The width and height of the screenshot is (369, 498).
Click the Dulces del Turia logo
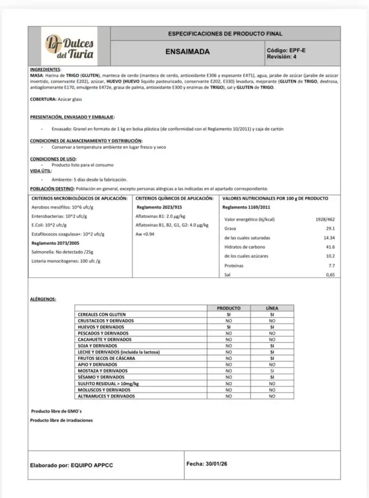pos(69,47)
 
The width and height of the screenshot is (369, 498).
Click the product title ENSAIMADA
pos(188,52)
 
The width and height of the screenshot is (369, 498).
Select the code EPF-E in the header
pos(297,50)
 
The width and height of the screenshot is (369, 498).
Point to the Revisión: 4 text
pos(281,56)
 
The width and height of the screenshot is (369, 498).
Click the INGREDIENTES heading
pos(45,70)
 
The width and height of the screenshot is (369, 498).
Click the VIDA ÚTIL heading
pos(40,171)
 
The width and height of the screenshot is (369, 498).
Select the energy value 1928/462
pos(325,219)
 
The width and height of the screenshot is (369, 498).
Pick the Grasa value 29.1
pos(330,229)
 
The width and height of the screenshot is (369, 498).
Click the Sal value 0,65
pos(330,275)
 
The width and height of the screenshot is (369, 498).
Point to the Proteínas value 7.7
pos(331,266)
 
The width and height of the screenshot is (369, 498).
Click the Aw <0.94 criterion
pos(145,234)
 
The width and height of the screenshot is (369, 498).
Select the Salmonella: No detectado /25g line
pos(62,252)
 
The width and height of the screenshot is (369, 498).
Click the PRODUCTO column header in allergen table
pos(228,308)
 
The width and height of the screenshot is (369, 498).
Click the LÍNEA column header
pos(272,308)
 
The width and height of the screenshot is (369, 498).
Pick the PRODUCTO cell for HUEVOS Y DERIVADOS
pos(228,327)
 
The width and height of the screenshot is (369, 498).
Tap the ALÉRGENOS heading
pos(43,299)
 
